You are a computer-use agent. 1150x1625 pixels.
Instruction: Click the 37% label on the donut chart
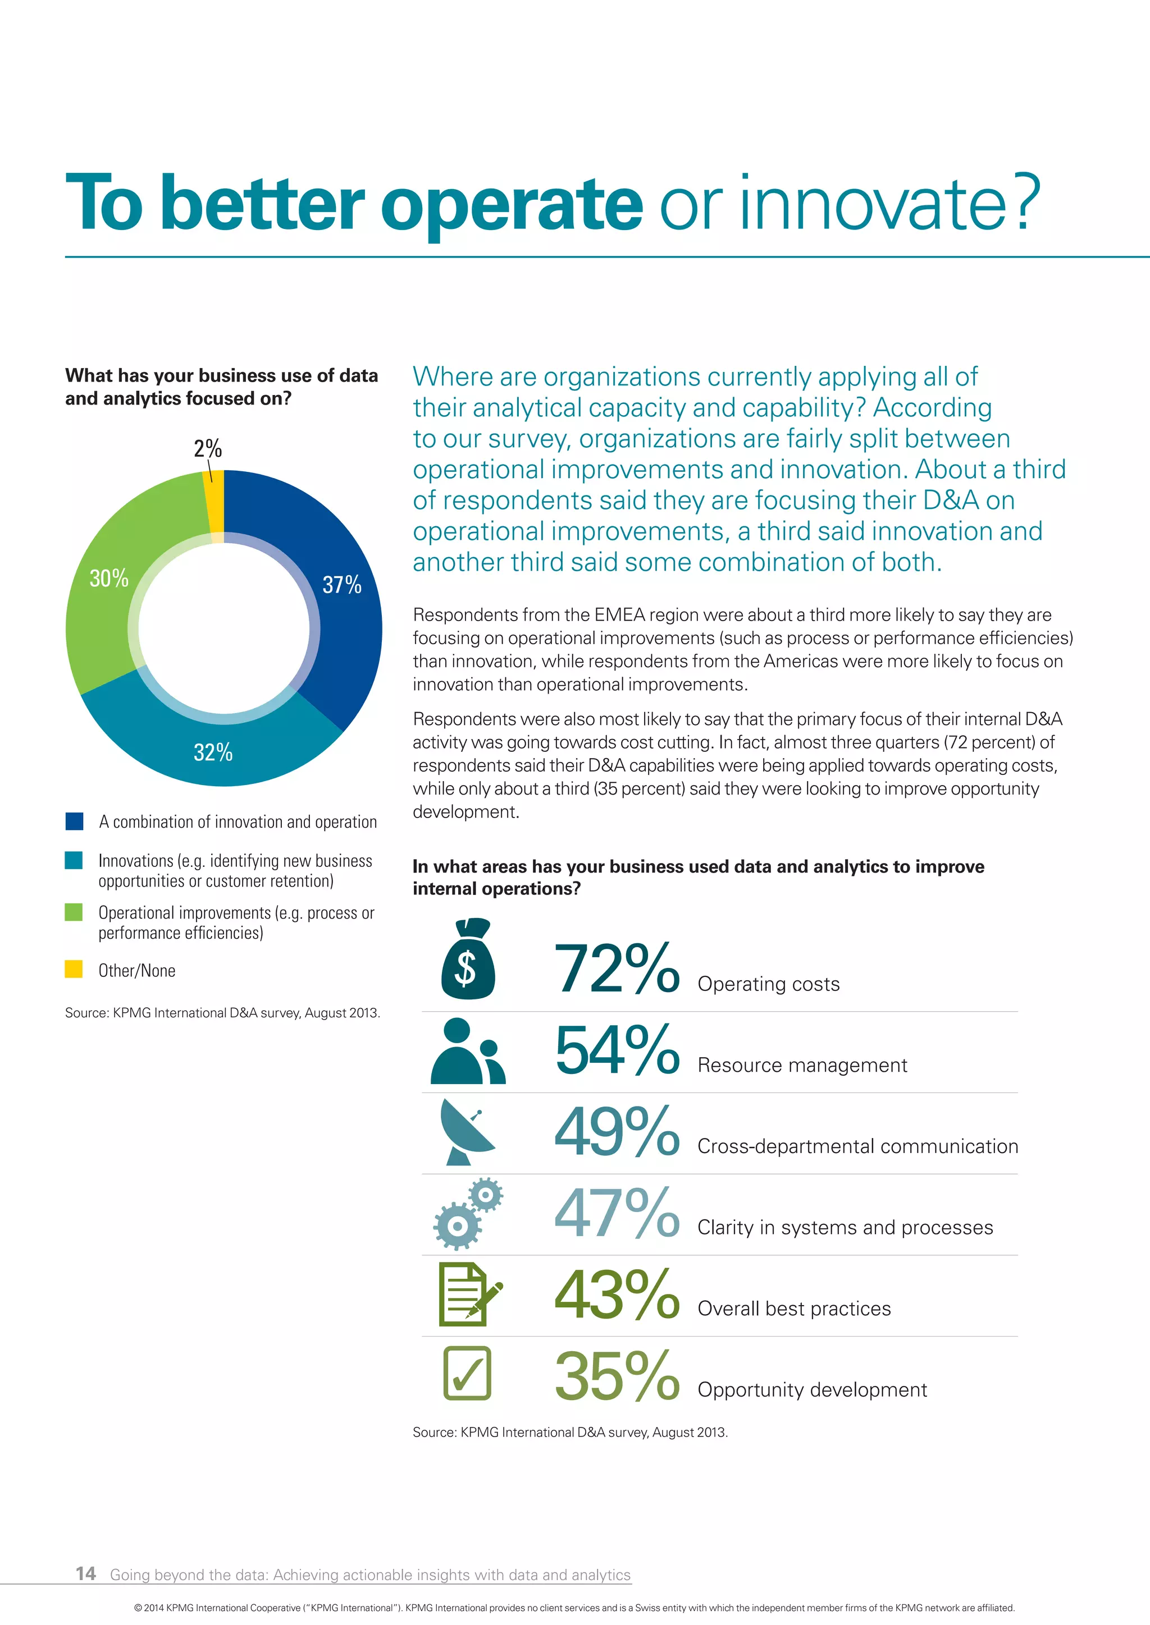342,585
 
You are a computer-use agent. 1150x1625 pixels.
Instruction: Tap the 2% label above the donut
207,449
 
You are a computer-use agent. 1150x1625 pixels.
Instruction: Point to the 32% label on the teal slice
213,752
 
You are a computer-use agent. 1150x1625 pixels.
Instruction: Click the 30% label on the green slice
109,579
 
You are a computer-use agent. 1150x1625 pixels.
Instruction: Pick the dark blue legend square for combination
74,821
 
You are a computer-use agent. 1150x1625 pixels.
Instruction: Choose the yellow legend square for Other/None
74,969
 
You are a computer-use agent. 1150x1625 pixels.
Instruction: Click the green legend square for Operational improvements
74,912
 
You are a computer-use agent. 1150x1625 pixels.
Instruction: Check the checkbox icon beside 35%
467,1373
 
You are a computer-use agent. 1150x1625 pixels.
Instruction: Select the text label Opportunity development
812,1390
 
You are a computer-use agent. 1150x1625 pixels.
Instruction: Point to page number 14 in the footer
86,1573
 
